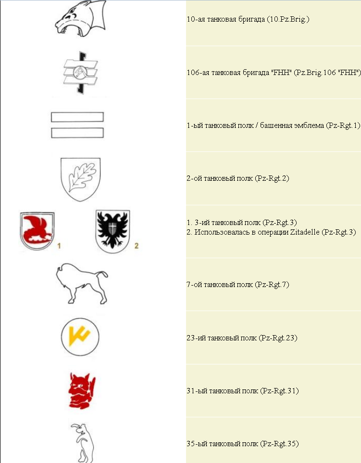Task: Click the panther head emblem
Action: (x=80, y=19)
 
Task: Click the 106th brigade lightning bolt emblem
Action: (x=80, y=72)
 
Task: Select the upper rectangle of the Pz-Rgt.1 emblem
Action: (x=77, y=117)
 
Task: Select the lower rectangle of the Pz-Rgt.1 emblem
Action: (x=77, y=133)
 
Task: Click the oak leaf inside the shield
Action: (x=82, y=177)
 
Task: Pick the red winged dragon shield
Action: (x=37, y=231)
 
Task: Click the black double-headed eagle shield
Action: (x=113, y=231)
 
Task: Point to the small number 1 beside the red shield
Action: (x=59, y=246)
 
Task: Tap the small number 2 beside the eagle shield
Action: (x=137, y=246)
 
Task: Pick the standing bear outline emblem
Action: (x=82, y=443)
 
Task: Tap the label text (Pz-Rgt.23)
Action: (x=278, y=338)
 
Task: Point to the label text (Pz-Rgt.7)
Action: (x=272, y=285)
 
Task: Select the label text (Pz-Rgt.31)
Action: (x=279, y=391)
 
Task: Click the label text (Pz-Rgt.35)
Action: (x=279, y=443)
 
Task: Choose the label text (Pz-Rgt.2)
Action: (x=272, y=178)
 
